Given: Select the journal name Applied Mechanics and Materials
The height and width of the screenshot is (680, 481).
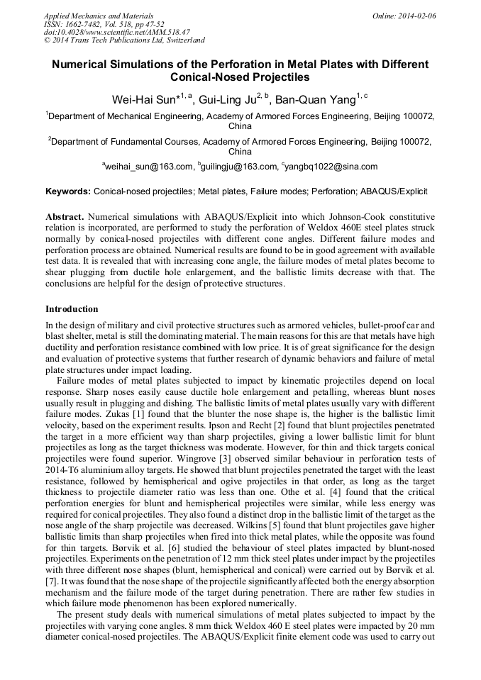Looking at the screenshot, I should [x=98, y=15].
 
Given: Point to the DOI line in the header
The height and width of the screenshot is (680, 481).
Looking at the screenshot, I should [x=116, y=32].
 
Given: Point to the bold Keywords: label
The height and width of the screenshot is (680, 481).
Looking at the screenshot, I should [x=68, y=191].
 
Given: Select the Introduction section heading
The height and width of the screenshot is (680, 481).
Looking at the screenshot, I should [x=72, y=309].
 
